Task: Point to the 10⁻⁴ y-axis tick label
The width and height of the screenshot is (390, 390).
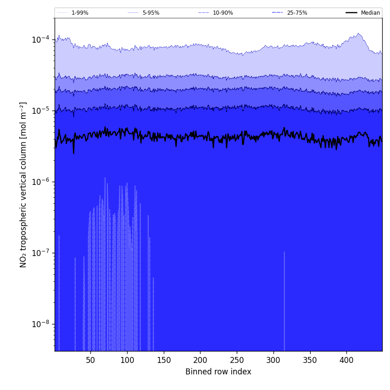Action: (x=40, y=39)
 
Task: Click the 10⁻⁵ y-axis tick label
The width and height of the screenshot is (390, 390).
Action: (x=40, y=111)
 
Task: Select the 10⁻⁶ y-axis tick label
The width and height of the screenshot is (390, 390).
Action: (x=40, y=182)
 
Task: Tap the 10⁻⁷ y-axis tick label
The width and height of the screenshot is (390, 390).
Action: (x=40, y=253)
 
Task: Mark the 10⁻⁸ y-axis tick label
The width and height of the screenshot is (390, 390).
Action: (x=40, y=324)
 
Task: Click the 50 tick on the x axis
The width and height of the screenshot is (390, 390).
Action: (x=90, y=360)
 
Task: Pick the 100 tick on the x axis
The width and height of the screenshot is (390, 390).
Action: (x=127, y=360)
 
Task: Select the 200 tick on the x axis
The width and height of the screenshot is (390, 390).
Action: (x=200, y=360)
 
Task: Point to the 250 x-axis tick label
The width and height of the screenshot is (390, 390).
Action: (x=237, y=360)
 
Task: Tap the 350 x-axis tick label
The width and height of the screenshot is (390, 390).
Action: (x=310, y=360)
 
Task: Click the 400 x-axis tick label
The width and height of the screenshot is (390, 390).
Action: (x=346, y=360)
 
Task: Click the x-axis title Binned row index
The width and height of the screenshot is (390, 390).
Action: (x=218, y=372)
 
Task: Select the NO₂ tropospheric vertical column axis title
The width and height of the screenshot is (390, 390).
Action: (x=23, y=184)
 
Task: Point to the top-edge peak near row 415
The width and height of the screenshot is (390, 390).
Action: (x=358, y=33)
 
